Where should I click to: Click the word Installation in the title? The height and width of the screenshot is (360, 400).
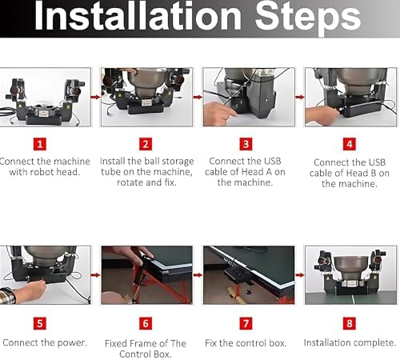point(138,16)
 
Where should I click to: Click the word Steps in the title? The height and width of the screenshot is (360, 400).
point(308,18)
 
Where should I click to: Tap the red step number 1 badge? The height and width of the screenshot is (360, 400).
point(40,144)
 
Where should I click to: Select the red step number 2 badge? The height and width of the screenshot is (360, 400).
point(146,144)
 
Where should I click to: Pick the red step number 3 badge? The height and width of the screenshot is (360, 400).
point(246,144)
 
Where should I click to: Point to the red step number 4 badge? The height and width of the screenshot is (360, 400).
point(350,144)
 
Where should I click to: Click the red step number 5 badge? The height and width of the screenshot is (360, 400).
point(40,323)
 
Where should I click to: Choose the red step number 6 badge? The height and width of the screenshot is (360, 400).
point(146,323)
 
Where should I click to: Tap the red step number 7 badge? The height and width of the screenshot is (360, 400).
point(246,323)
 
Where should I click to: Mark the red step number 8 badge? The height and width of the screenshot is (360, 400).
point(350,323)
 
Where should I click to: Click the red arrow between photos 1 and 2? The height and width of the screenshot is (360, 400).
point(95,97)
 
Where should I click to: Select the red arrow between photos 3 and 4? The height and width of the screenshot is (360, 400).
point(300,97)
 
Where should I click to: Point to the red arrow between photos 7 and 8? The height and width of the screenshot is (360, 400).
point(300,275)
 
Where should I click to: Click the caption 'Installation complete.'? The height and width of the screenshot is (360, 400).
point(350,342)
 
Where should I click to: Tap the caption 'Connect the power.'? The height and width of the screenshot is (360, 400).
point(45,342)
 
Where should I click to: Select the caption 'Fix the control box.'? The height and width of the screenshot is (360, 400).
point(246,343)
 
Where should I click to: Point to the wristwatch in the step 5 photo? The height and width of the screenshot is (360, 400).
point(7,295)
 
